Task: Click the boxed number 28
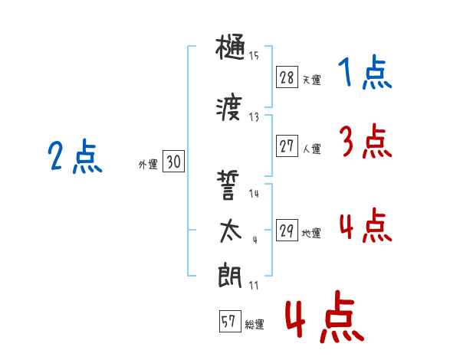click(287, 77)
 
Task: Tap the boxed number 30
click(173, 162)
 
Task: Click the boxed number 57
click(228, 322)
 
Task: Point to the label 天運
click(311, 80)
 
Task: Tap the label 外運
click(148, 165)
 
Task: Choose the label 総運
click(254, 325)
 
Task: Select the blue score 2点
click(75, 158)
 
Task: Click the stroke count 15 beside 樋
click(254, 55)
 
